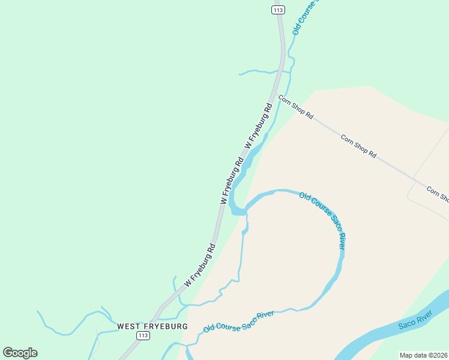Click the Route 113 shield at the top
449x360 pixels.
coord(277,10)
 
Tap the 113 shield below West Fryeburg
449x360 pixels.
coord(143,336)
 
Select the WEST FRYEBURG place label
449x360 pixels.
coord(152,326)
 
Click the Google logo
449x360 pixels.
coord(20,353)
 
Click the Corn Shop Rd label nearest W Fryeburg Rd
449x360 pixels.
coord(296,106)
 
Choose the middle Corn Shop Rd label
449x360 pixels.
coord(358,146)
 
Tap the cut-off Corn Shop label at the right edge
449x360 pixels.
coord(438,194)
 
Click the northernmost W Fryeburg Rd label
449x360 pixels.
coord(259,126)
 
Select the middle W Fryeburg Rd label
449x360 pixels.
coord(232,180)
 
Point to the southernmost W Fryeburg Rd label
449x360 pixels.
coord(200,264)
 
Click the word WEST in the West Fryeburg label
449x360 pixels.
coord(129,326)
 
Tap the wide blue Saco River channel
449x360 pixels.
coord(384,338)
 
